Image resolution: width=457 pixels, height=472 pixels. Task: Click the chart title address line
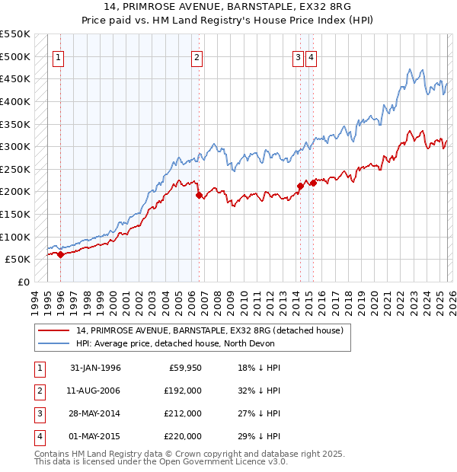click(x=228, y=8)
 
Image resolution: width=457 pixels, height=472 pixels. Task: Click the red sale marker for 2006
click(x=200, y=195)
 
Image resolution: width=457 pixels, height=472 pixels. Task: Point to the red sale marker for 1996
click(x=61, y=255)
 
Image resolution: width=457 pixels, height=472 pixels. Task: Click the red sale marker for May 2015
click(x=313, y=183)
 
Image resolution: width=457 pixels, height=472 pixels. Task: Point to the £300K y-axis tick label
click(x=15, y=146)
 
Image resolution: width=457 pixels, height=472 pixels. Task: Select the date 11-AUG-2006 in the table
click(x=95, y=391)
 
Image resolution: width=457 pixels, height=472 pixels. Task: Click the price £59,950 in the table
click(x=184, y=368)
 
